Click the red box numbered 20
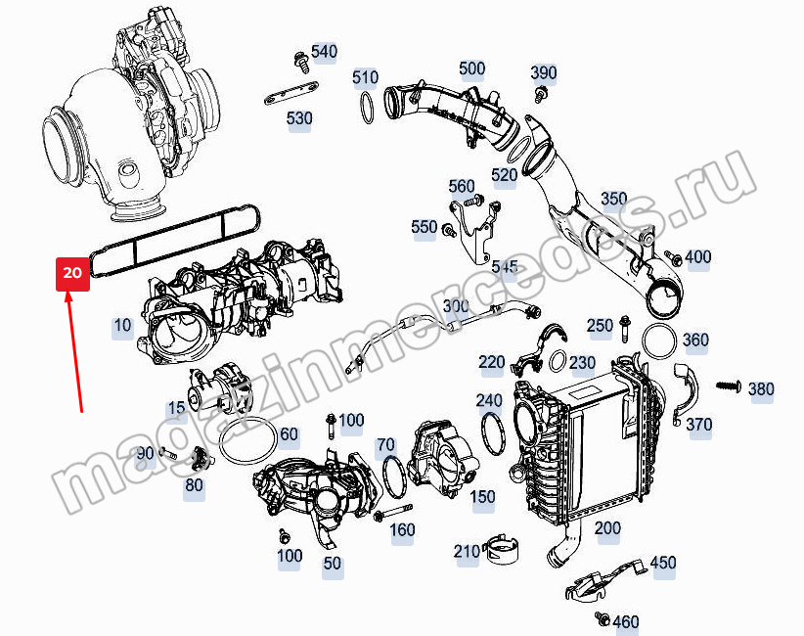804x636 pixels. point(72,274)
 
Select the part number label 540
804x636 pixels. point(324,52)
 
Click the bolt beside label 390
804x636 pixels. point(540,94)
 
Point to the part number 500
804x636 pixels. point(471,68)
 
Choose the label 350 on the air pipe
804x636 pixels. point(614,199)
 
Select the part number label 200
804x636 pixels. point(607,527)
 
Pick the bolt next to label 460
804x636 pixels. point(602,618)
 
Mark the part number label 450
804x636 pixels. point(663,563)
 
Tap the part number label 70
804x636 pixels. point(385,444)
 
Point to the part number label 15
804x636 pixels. point(176,408)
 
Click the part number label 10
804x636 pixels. point(122,325)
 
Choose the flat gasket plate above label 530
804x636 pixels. point(291,92)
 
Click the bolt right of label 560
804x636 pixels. point(474,200)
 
